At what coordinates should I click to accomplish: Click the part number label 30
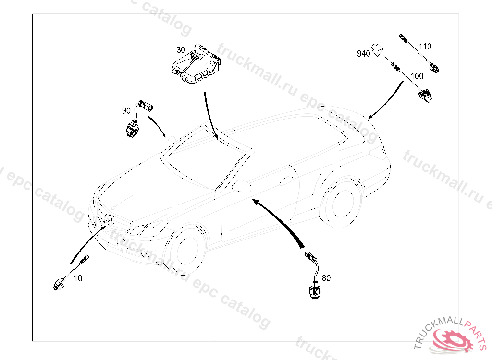(x=181, y=50)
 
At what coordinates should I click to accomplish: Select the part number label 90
(x=126, y=111)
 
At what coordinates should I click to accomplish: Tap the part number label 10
(x=78, y=278)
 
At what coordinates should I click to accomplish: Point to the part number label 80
(x=326, y=278)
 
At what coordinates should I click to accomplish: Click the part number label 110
(x=425, y=47)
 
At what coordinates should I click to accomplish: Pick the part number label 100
(x=417, y=76)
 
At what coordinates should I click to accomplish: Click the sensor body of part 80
(x=313, y=290)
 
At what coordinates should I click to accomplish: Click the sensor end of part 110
(x=436, y=69)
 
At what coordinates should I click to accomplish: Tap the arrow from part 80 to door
(x=283, y=221)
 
